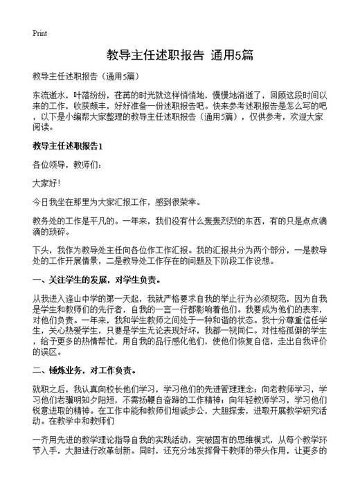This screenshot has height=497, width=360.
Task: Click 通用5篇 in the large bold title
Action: coord(233,54)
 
